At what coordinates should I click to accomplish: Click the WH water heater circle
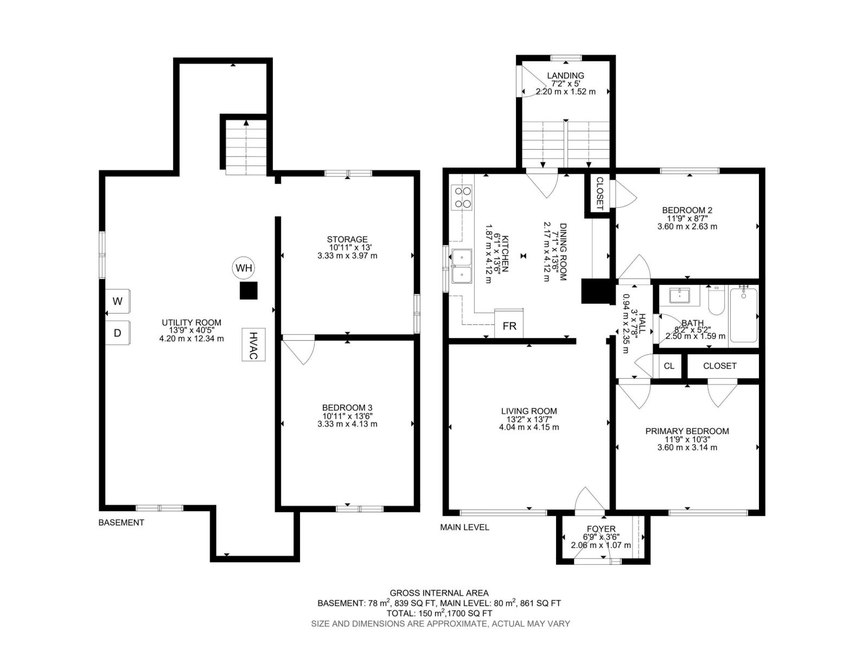point(244,268)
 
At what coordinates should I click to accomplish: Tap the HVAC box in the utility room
point(253,344)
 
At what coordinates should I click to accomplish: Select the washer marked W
point(118,301)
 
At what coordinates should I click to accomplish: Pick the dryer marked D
point(118,333)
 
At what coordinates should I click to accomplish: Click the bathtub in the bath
point(743,315)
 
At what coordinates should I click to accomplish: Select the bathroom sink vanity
point(679,296)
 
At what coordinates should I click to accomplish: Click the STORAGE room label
point(347,239)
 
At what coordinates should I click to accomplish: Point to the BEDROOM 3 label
point(347,407)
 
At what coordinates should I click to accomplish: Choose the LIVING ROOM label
point(529,411)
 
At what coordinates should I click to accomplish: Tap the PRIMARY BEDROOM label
point(687,431)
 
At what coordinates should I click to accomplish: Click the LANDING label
point(565,75)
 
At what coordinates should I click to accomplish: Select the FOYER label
point(601,529)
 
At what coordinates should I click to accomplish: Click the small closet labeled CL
point(669,366)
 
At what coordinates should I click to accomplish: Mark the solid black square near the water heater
point(248,291)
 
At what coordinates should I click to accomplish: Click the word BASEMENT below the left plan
point(121,522)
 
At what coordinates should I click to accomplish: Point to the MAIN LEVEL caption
point(464,527)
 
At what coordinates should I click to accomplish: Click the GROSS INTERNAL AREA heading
point(439,593)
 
